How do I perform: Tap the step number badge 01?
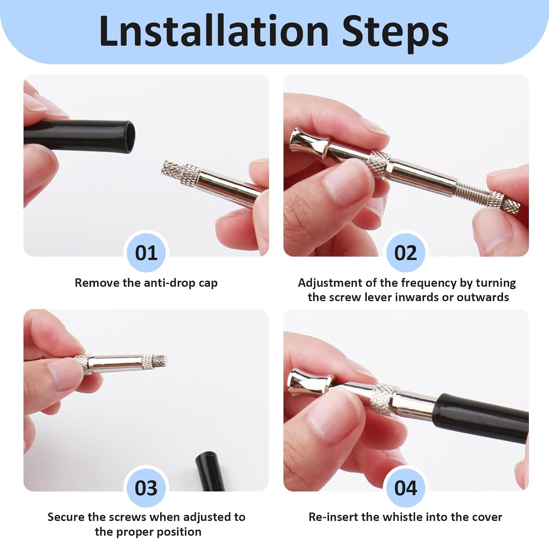point(146,253)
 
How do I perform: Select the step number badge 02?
point(406,253)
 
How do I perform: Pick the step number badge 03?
point(146,488)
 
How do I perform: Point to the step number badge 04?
point(406,488)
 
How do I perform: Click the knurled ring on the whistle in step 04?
point(383,400)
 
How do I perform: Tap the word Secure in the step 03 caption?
point(66,517)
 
